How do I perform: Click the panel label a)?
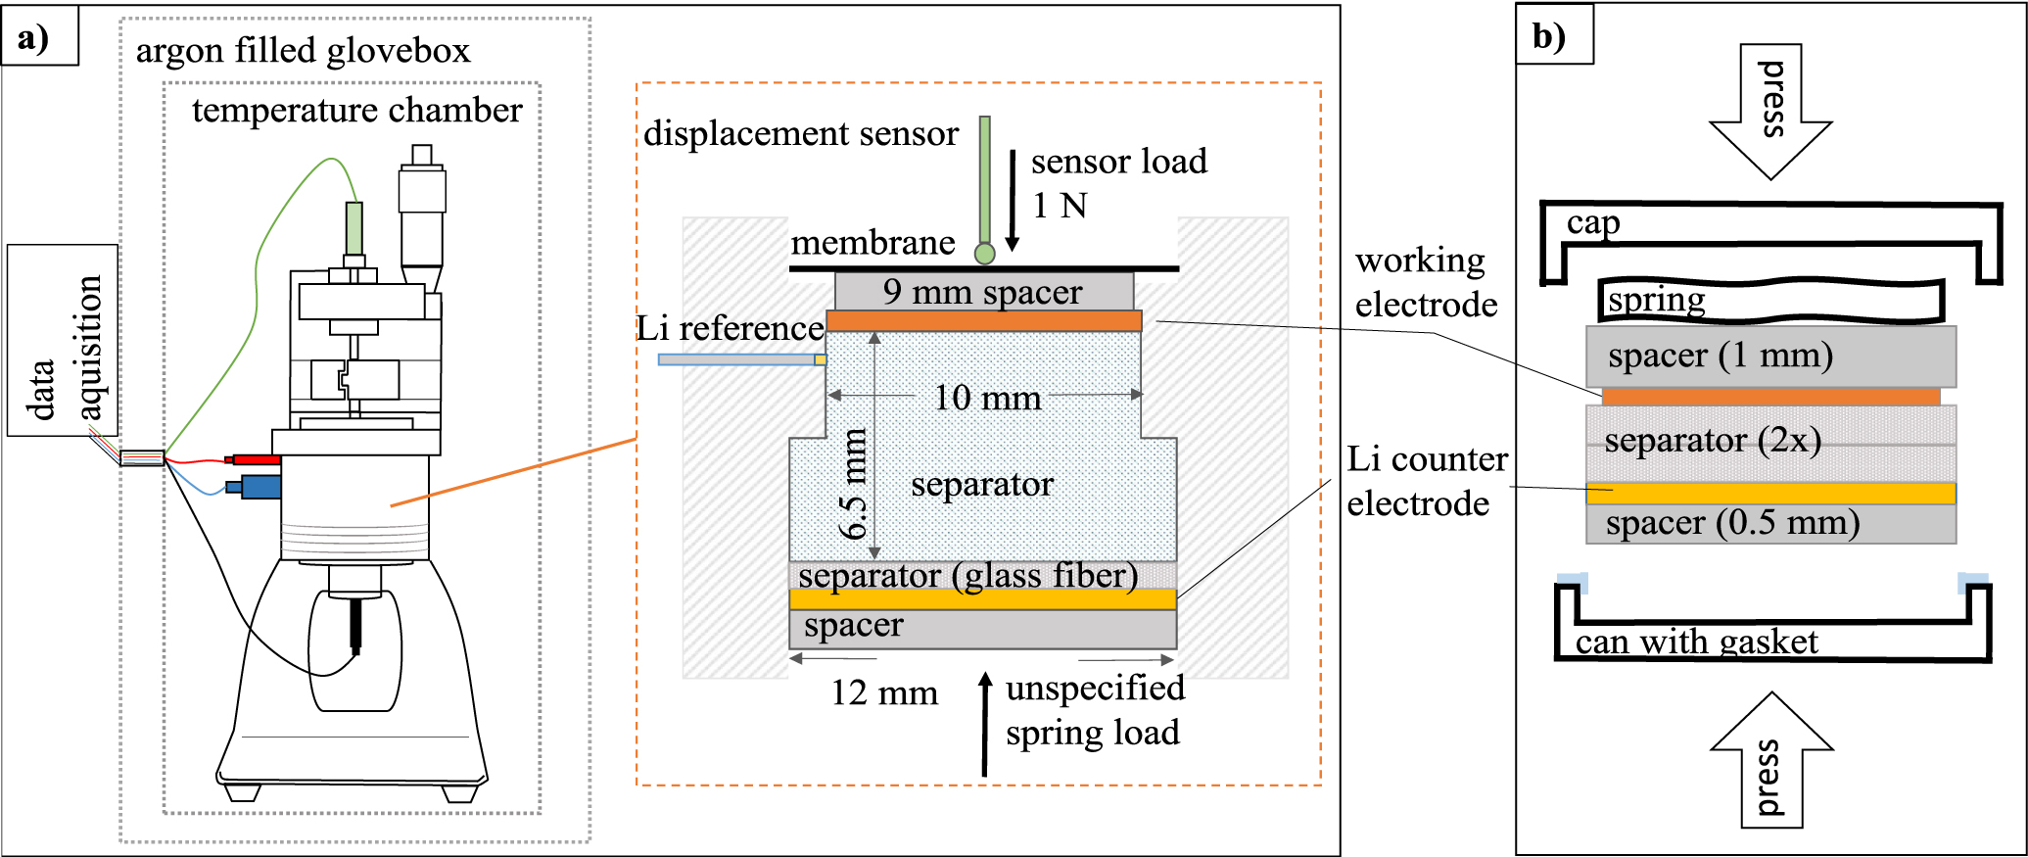pos(35,39)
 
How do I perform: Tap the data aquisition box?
pos(63,340)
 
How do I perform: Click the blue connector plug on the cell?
pos(259,486)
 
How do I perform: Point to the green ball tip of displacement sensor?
pos(984,255)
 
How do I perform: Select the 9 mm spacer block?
pos(983,292)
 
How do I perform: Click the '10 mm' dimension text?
pos(986,398)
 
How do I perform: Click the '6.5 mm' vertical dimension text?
pos(854,485)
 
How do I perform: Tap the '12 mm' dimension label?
pos(883,693)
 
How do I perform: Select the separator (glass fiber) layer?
pos(982,575)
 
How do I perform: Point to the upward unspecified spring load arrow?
pos(985,725)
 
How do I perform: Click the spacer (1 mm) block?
pos(1770,356)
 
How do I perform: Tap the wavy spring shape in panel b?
pos(1770,300)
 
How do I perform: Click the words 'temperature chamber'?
pos(356,111)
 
